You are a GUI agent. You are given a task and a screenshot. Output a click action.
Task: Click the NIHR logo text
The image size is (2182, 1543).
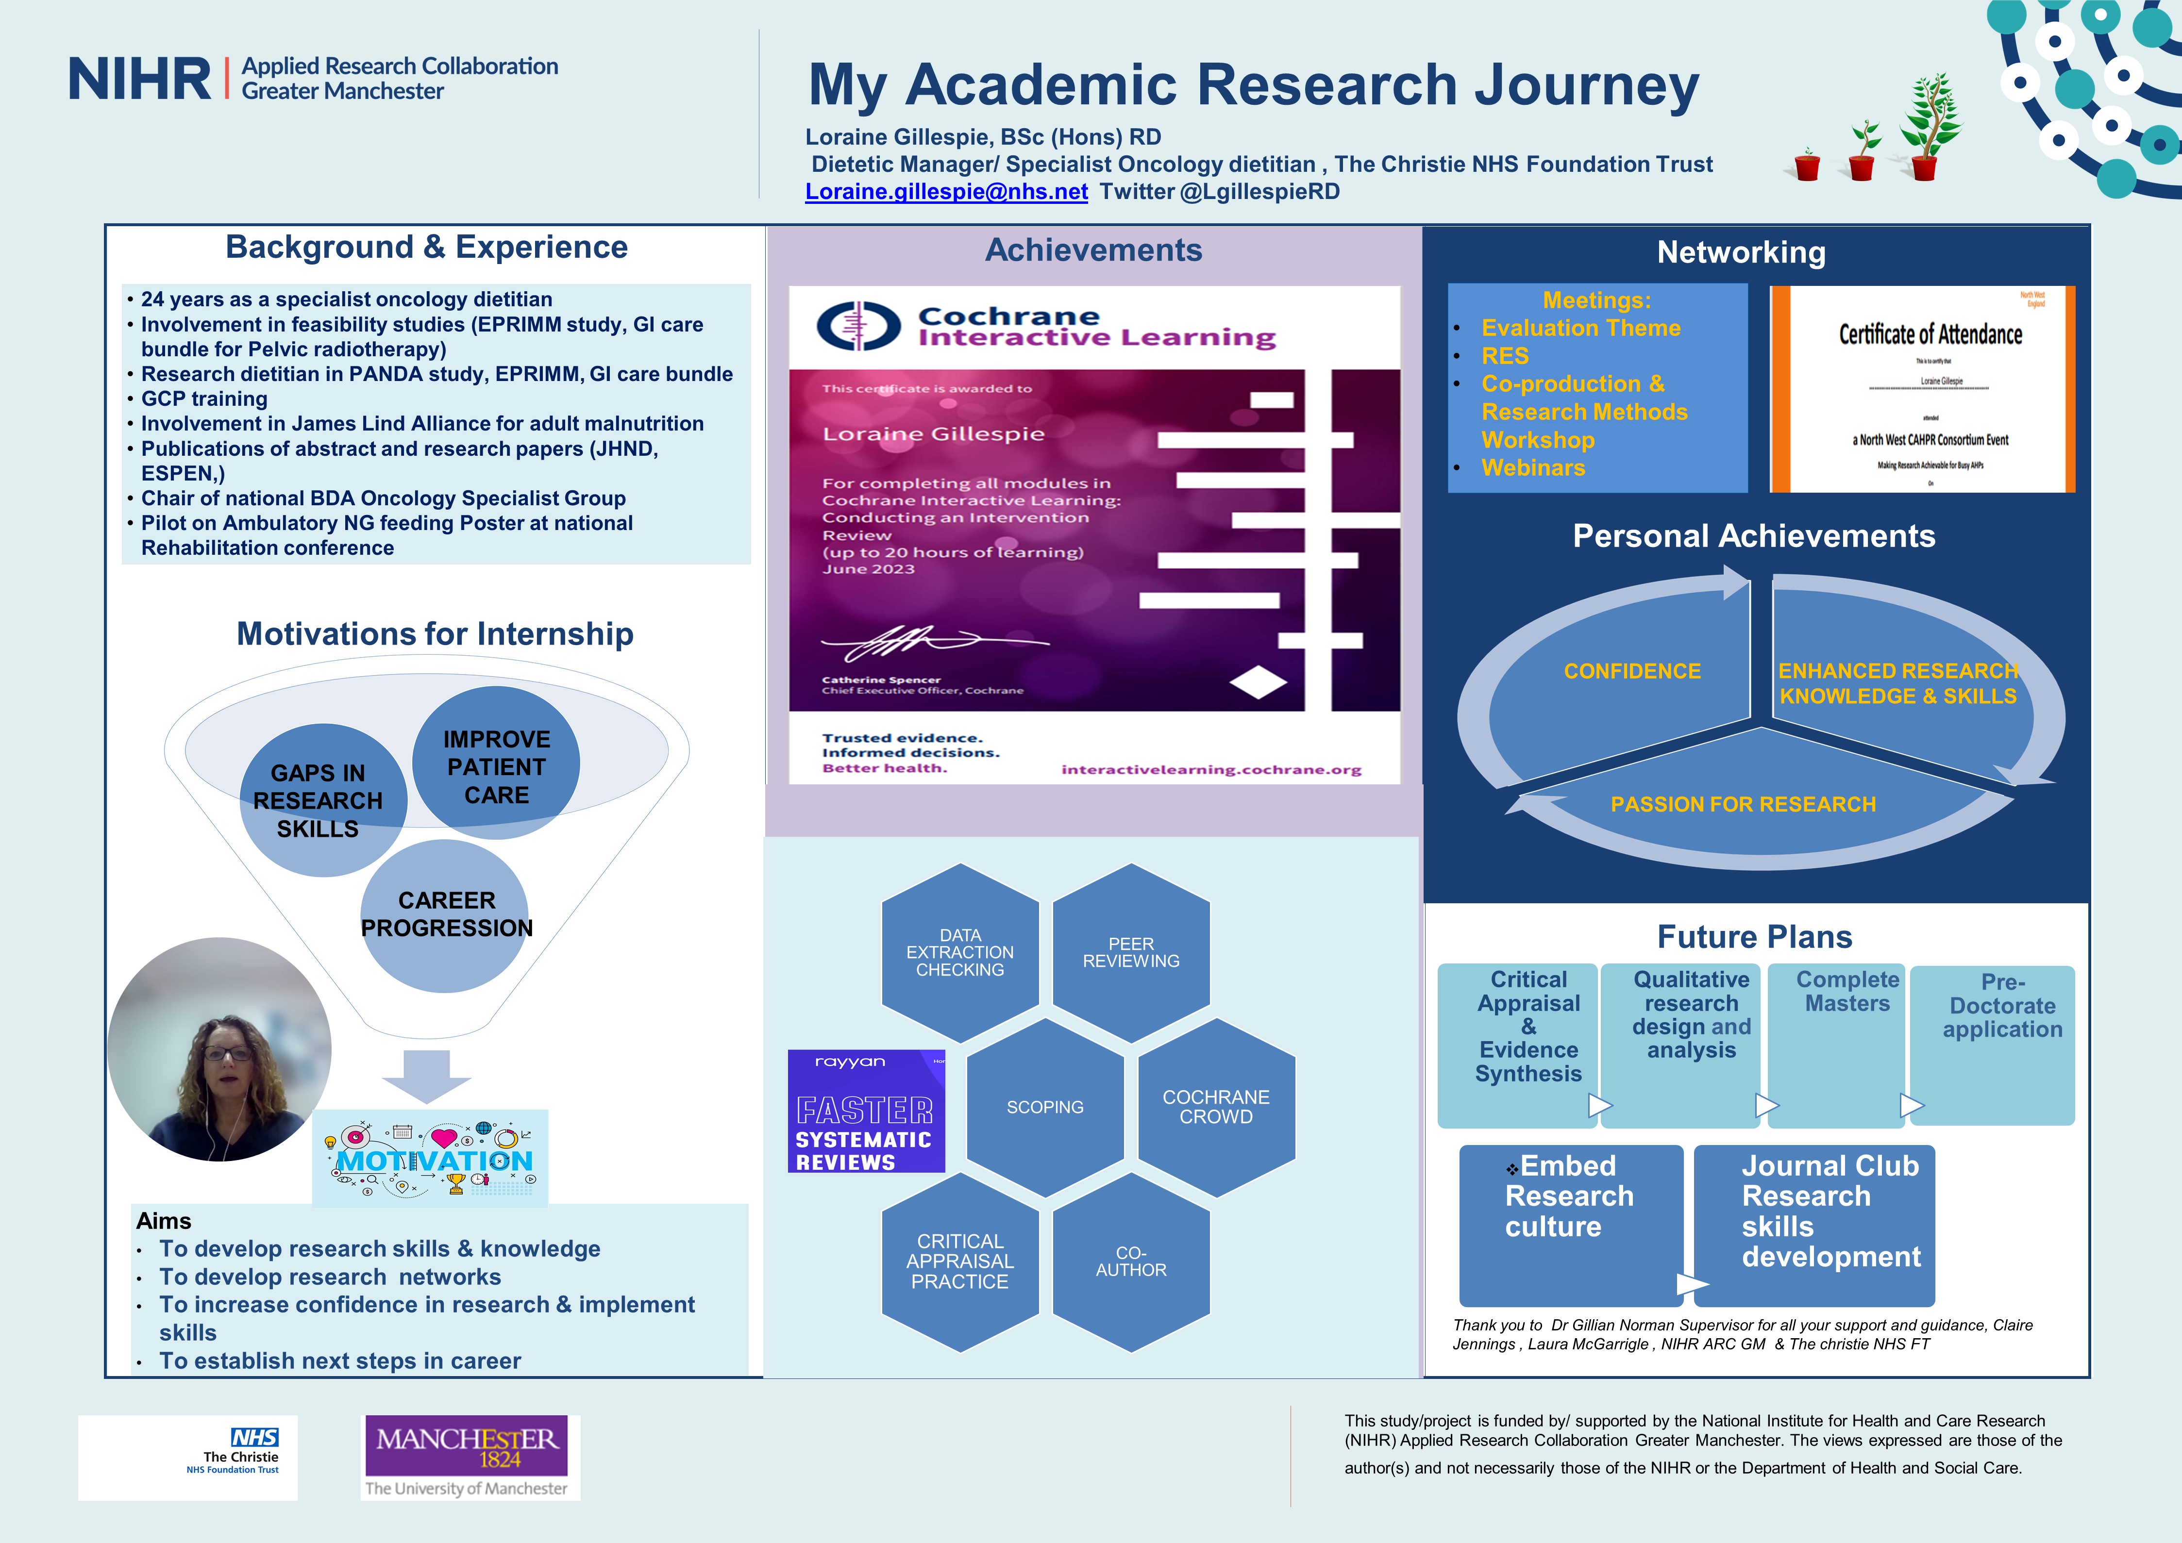click(140, 79)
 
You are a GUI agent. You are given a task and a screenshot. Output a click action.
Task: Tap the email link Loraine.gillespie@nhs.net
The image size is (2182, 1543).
click(946, 192)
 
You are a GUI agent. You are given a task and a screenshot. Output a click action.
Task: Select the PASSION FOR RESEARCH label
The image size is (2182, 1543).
click(1743, 805)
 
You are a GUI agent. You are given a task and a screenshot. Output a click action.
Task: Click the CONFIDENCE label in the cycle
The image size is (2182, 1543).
click(1632, 671)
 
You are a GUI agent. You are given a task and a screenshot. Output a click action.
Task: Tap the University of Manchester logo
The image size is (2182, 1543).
click(471, 1457)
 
